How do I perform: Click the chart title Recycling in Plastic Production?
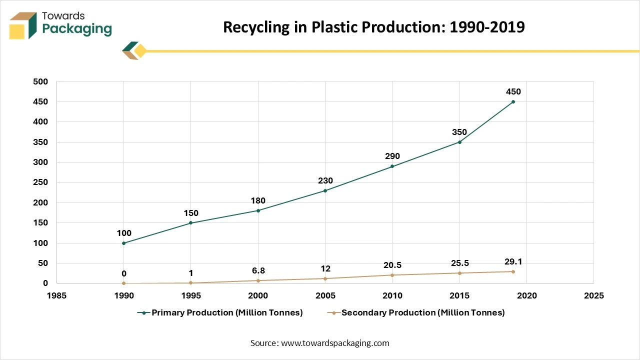click(x=373, y=27)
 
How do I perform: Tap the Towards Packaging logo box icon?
click(x=23, y=25)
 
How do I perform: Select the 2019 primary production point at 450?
click(x=513, y=102)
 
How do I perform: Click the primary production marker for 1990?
click(x=124, y=243)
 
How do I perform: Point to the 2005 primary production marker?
click(x=325, y=190)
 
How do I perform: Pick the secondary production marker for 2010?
click(x=392, y=275)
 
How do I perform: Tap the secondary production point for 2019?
click(x=513, y=271)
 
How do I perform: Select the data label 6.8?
click(x=258, y=270)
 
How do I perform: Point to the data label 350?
click(x=459, y=132)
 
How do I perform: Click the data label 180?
click(x=258, y=200)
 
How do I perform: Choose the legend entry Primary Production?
click(x=220, y=313)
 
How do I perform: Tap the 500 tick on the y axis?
click(x=41, y=81)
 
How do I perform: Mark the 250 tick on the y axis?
click(x=41, y=182)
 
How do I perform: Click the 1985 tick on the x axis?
click(x=56, y=295)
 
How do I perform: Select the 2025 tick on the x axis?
click(x=593, y=295)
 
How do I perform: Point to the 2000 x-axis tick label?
click(x=258, y=295)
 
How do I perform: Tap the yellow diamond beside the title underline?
click(x=140, y=51)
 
